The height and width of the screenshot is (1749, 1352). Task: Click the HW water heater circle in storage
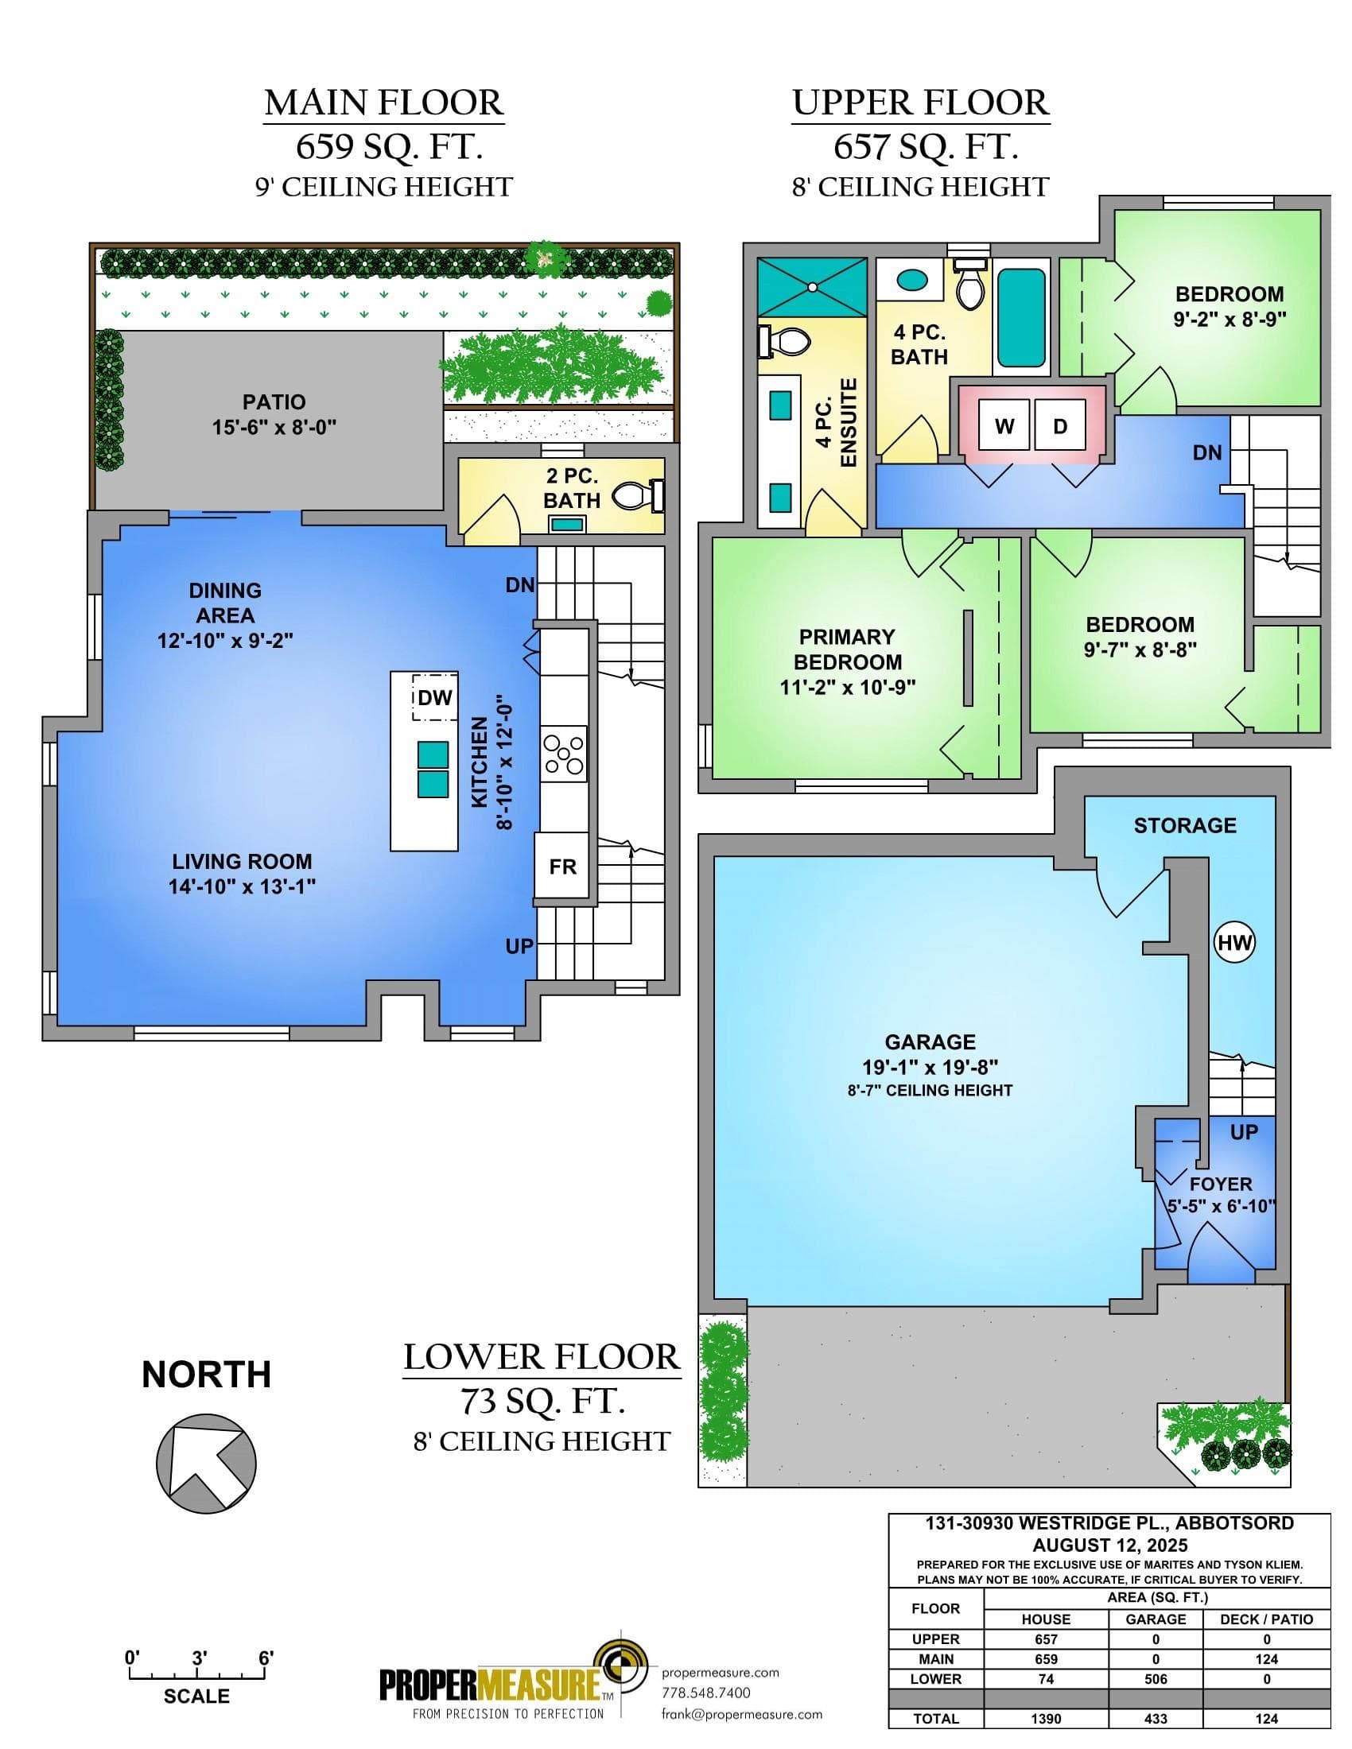[1234, 943]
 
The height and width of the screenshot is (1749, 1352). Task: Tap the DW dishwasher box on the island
[435, 696]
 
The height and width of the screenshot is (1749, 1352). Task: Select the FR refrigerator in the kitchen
[562, 867]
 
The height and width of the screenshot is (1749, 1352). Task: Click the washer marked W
[1004, 426]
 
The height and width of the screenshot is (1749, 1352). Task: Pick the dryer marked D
[1059, 426]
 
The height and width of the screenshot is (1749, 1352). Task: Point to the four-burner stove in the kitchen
[564, 754]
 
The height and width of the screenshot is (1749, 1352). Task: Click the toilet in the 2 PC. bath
[639, 497]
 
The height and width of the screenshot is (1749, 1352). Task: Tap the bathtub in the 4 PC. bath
[1021, 318]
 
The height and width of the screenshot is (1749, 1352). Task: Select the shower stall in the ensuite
[812, 287]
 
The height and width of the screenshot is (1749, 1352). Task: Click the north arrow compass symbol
[206, 1462]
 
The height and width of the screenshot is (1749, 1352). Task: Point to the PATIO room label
[274, 401]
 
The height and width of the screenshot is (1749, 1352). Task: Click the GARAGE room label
[930, 1042]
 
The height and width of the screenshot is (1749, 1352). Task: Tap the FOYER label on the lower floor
[1221, 1184]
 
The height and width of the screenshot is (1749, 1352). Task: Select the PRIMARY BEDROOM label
[848, 650]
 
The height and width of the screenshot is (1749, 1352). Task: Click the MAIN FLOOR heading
[383, 103]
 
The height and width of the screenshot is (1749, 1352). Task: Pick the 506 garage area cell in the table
[1156, 1678]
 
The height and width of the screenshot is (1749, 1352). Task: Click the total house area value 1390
[1046, 1719]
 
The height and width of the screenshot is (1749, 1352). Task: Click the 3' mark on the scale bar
[200, 1658]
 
